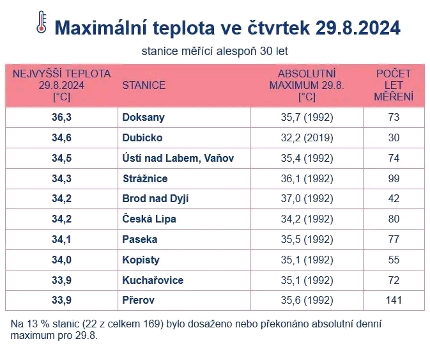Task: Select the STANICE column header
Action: (144, 85)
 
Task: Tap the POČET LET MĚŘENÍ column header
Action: (394, 85)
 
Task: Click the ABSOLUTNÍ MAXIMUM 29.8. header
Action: (307, 85)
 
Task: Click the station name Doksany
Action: (143, 117)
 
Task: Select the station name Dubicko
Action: (142, 137)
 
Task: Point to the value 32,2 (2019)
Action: (307, 137)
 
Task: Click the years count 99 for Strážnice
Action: (394, 178)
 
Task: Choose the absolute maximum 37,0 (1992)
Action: (307, 199)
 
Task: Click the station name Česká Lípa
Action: (149, 219)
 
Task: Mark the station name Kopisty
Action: (141, 260)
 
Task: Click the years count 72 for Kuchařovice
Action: (394, 281)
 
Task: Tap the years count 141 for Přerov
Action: (394, 300)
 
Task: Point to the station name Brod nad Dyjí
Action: (155, 199)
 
